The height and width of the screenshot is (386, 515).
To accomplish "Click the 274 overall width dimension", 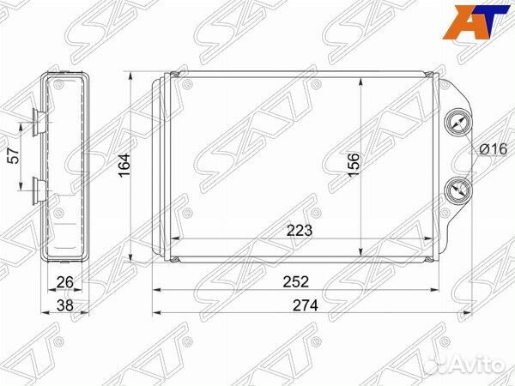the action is point(306,306).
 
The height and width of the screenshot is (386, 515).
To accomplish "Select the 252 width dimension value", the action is point(296,282).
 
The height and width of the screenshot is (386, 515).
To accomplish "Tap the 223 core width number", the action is point(300,231).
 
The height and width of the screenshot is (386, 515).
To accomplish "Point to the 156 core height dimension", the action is point(354,164).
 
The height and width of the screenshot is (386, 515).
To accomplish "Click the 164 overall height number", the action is point(124,165).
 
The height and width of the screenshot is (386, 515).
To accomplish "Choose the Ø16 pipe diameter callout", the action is point(494,149).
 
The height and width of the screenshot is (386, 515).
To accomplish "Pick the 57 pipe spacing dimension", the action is point(14,156).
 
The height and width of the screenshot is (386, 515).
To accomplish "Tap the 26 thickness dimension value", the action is point(64,282).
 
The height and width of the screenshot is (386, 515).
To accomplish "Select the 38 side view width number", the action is point(64,305).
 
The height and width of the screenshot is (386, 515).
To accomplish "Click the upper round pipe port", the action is point(457,124).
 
